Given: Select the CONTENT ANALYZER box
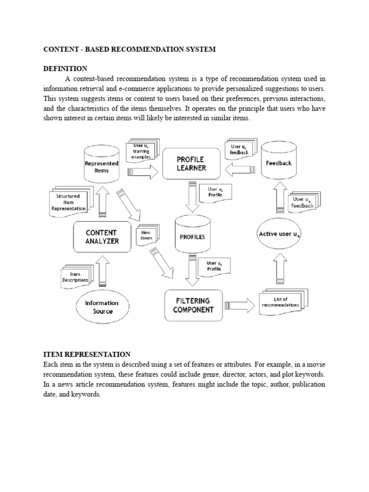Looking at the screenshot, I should coord(102,237).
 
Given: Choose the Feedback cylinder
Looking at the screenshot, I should coord(279,163).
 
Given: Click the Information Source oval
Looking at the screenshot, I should coord(101,307).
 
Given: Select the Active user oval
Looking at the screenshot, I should coord(280,234).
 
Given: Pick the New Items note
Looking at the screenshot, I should coord(146,234).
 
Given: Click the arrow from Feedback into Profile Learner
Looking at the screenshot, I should coord(239,169).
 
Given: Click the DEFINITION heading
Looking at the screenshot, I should coord(65,69).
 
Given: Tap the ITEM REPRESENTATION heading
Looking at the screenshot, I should coord(87,354).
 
